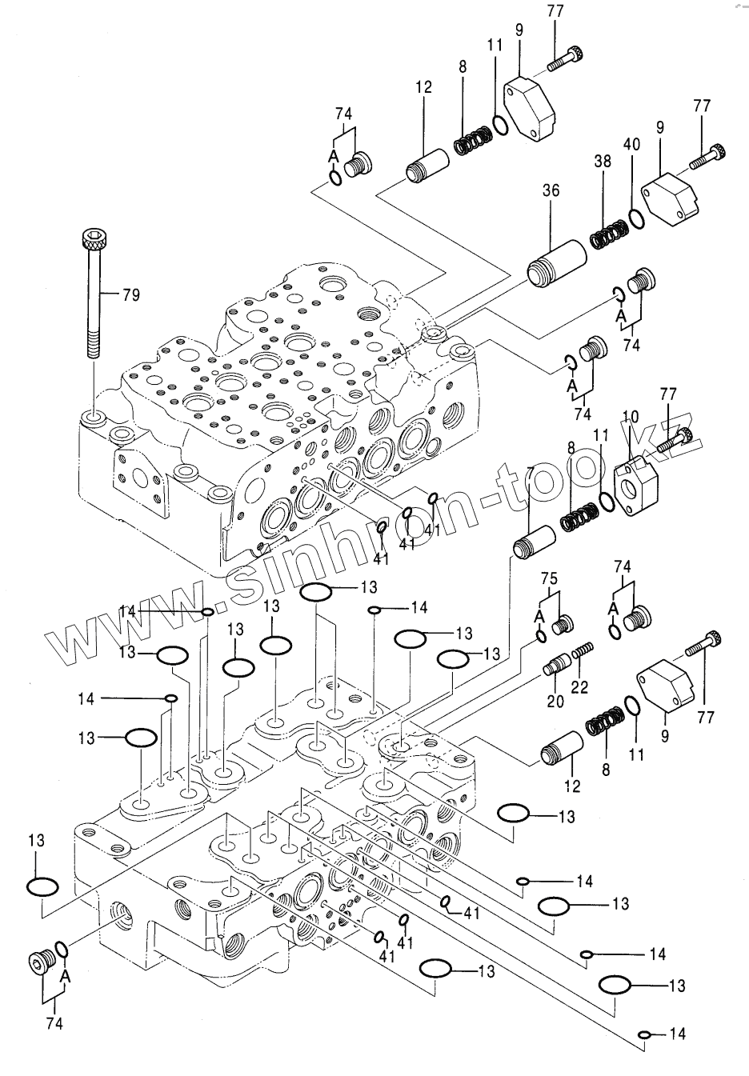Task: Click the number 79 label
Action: click(x=130, y=295)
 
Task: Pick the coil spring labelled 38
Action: click(x=609, y=234)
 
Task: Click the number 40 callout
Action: click(x=632, y=145)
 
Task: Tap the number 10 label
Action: click(x=631, y=417)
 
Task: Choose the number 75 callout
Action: click(x=549, y=578)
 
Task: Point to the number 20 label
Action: click(x=555, y=701)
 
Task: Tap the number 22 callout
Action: click(x=579, y=686)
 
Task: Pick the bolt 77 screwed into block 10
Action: click(x=679, y=438)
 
